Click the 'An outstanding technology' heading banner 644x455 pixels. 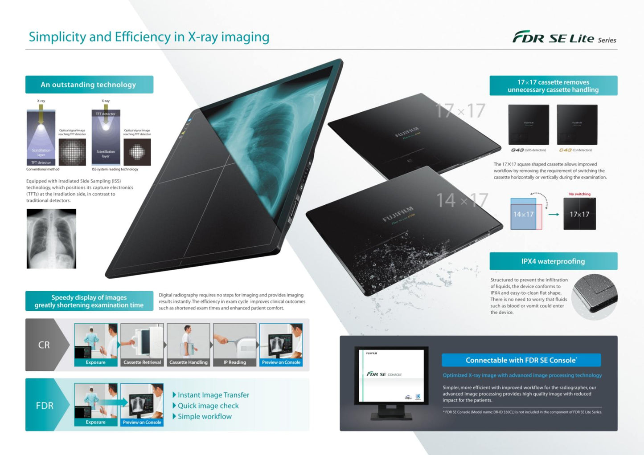click(89, 85)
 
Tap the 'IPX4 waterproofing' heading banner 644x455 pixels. click(553, 261)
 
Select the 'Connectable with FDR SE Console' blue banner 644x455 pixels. click(521, 360)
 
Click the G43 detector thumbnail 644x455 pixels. click(529, 125)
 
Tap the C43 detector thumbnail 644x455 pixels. click(577, 125)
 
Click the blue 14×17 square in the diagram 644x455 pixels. click(523, 214)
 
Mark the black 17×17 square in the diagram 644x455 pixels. click(579, 214)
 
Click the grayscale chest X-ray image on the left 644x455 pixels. click(51, 239)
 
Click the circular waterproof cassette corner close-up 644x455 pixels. click(595, 297)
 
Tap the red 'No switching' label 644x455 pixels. click(579, 194)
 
